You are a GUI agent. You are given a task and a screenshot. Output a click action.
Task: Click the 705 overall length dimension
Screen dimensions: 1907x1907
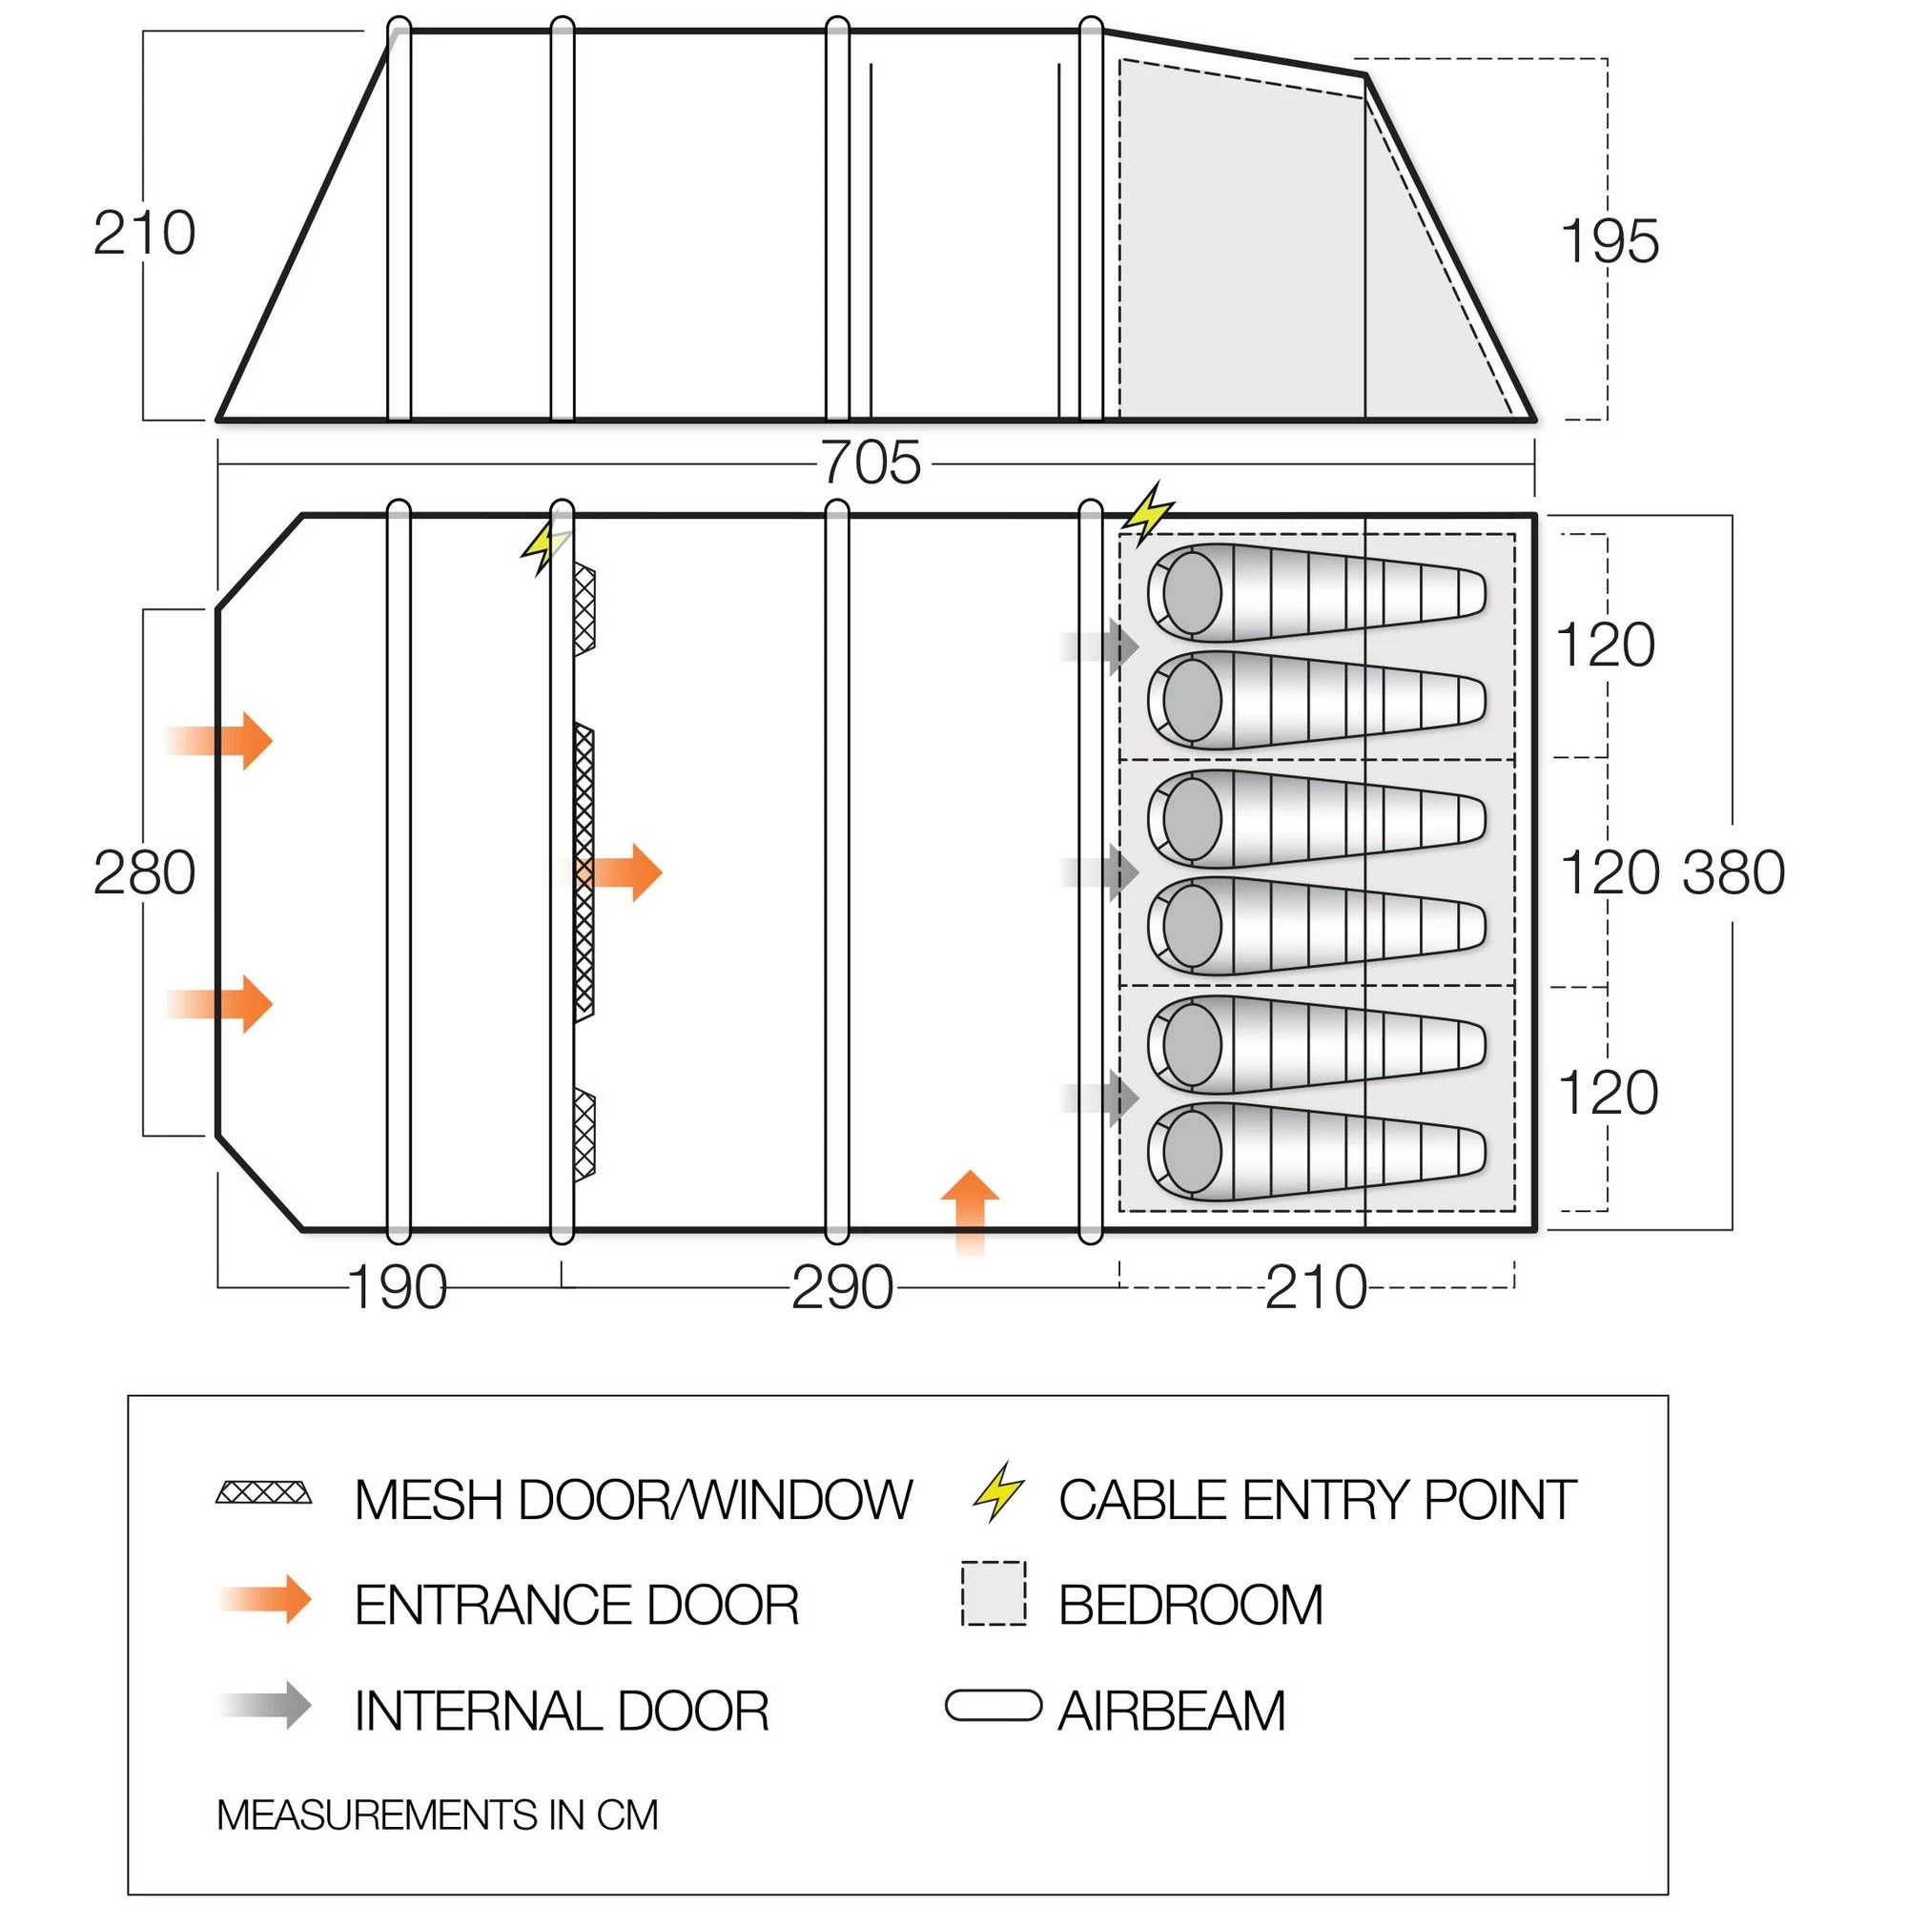point(871,463)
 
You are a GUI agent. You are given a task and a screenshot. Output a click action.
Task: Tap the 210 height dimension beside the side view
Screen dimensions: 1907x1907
point(144,234)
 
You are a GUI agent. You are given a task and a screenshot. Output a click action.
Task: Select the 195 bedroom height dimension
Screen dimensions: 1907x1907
point(1609,242)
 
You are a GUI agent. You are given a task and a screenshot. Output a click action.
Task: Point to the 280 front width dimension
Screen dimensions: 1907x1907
point(144,873)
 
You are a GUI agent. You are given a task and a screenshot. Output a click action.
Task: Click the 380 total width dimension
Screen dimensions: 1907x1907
point(1733,872)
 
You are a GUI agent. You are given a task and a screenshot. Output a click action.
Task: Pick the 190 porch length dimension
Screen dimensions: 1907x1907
point(398,1288)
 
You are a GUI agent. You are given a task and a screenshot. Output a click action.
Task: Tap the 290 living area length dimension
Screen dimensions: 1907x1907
point(842,1288)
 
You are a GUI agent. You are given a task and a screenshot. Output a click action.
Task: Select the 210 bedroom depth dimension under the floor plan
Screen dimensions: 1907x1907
point(1316,1288)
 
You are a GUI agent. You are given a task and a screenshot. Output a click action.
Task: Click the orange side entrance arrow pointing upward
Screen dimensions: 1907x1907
point(971,1210)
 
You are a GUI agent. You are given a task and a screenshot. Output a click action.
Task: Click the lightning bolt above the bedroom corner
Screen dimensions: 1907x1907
point(1149,512)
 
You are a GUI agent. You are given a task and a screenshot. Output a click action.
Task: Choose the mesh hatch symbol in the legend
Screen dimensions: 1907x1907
point(263,1491)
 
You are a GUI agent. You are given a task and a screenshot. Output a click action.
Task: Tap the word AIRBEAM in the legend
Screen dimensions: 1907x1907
point(1172,1711)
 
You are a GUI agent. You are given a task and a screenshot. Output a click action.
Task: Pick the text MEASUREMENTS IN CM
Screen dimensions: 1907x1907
point(438,1815)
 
